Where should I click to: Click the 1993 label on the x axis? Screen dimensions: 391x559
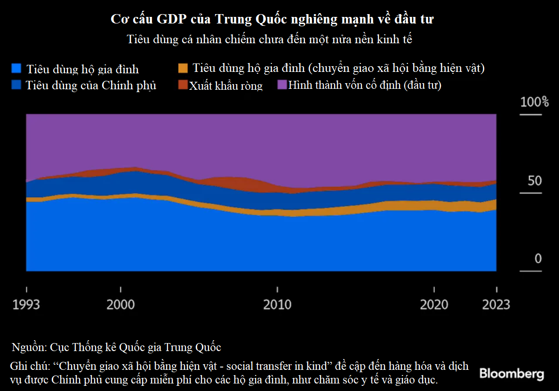26,305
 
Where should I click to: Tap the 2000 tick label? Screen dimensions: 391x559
120,305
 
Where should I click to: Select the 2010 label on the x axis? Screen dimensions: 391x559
277,305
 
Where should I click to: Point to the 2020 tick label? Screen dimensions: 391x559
434,305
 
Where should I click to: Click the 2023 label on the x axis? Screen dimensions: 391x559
496,305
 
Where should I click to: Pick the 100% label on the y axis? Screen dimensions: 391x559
535,102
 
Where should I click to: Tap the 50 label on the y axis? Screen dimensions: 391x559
535,181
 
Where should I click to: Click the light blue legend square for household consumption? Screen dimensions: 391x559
16,69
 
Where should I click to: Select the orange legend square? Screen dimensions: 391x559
183,68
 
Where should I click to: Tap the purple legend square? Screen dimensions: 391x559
281,85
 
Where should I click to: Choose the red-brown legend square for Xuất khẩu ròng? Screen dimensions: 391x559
183,85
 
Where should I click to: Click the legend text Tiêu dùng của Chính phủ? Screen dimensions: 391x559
91,86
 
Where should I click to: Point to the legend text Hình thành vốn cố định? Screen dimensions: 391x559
365,85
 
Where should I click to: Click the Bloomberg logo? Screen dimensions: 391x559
511,374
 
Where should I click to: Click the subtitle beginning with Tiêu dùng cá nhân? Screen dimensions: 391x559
270,39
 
